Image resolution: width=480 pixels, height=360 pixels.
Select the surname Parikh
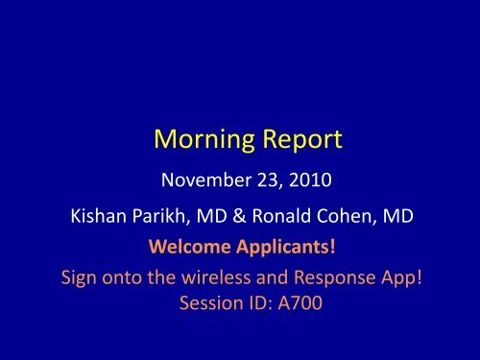coord(150,216)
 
